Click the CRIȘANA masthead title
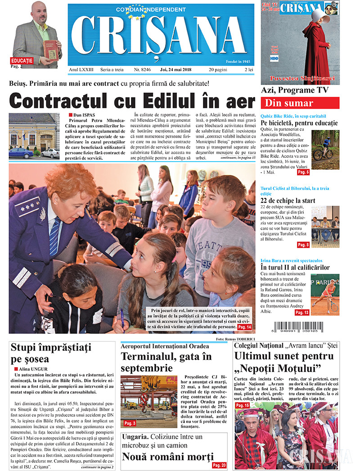pos(160,38)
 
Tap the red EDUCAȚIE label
pos(22,60)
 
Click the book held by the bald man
pos(50,50)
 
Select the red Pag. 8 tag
pos(303,245)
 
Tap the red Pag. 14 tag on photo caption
pos(245,327)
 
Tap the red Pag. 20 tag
pos(219,465)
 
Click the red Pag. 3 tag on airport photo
pos(130,423)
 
